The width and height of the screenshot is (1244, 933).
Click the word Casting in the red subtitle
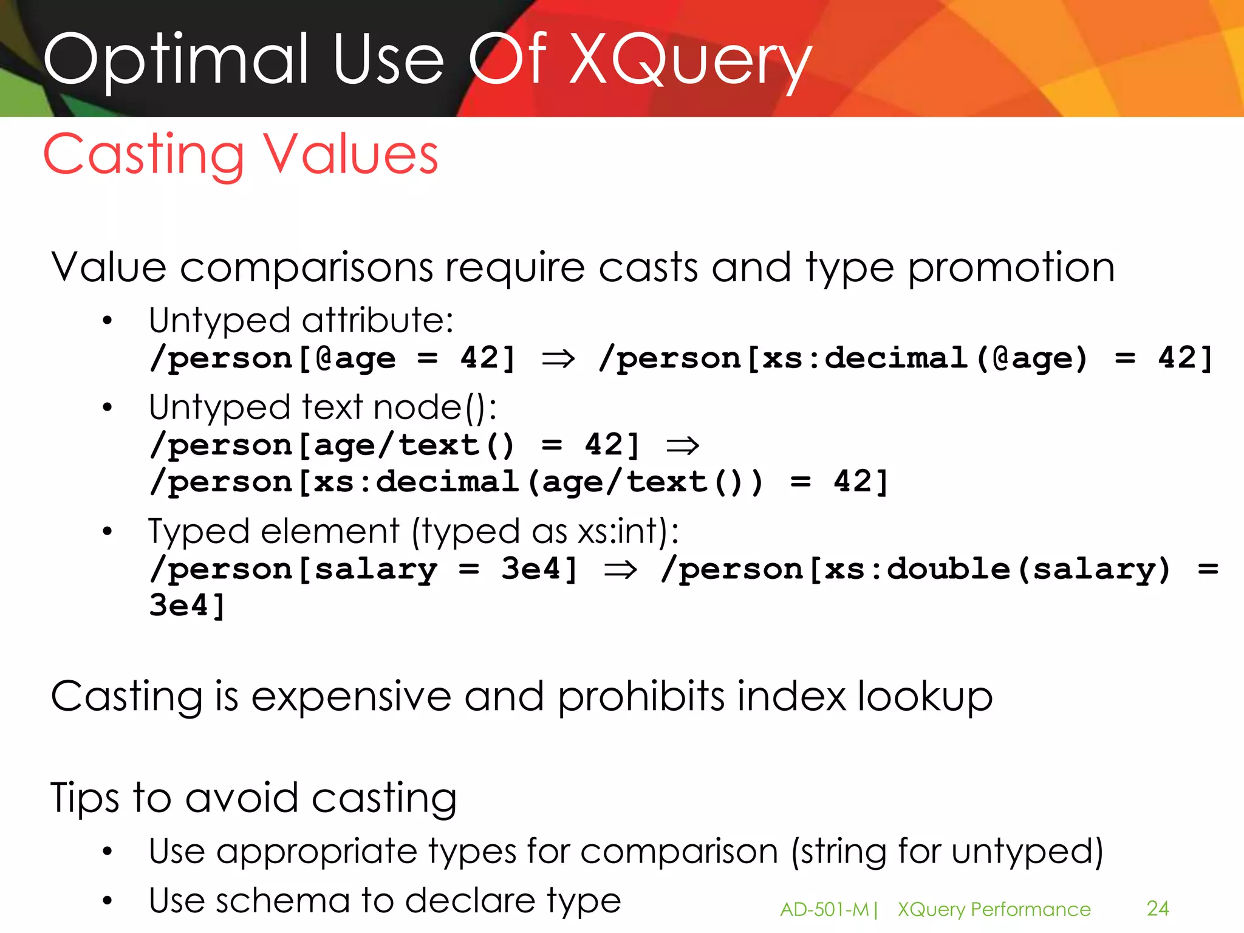[144, 155]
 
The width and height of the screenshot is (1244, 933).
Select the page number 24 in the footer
[1158, 908]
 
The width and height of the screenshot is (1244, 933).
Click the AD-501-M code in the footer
[824, 909]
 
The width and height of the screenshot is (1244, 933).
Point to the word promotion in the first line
[1011, 267]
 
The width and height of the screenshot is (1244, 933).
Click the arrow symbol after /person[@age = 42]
[558, 358]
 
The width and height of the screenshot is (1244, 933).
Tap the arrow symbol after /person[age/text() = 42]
[683, 446]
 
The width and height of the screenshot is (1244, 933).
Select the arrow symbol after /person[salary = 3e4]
[620, 570]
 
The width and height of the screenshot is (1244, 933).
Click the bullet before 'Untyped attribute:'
[108, 321]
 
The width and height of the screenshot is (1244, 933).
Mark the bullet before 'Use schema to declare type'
[108, 901]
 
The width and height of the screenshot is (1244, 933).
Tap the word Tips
[84, 798]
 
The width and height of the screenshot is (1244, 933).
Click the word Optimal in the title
[176, 61]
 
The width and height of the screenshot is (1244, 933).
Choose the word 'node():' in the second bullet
[435, 408]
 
